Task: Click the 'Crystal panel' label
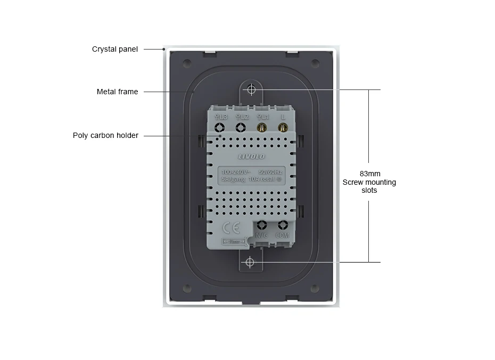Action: tap(114, 49)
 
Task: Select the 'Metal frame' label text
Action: tap(117, 92)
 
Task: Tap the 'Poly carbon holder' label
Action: tap(105, 135)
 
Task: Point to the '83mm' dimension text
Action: tap(370, 174)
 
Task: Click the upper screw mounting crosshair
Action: tap(252, 89)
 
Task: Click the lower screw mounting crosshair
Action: tap(250, 263)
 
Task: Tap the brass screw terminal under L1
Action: tap(261, 127)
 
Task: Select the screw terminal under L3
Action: tap(220, 127)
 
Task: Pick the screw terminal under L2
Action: tap(241, 127)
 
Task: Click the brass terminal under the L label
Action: tap(283, 127)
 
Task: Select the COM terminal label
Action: tap(283, 235)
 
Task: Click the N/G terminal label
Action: tap(262, 235)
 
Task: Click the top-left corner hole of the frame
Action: tap(186, 63)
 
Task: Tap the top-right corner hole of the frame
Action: tap(315, 63)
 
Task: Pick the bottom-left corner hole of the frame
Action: tap(186, 289)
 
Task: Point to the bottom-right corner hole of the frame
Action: tap(315, 289)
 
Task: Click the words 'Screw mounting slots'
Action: tap(369, 186)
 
